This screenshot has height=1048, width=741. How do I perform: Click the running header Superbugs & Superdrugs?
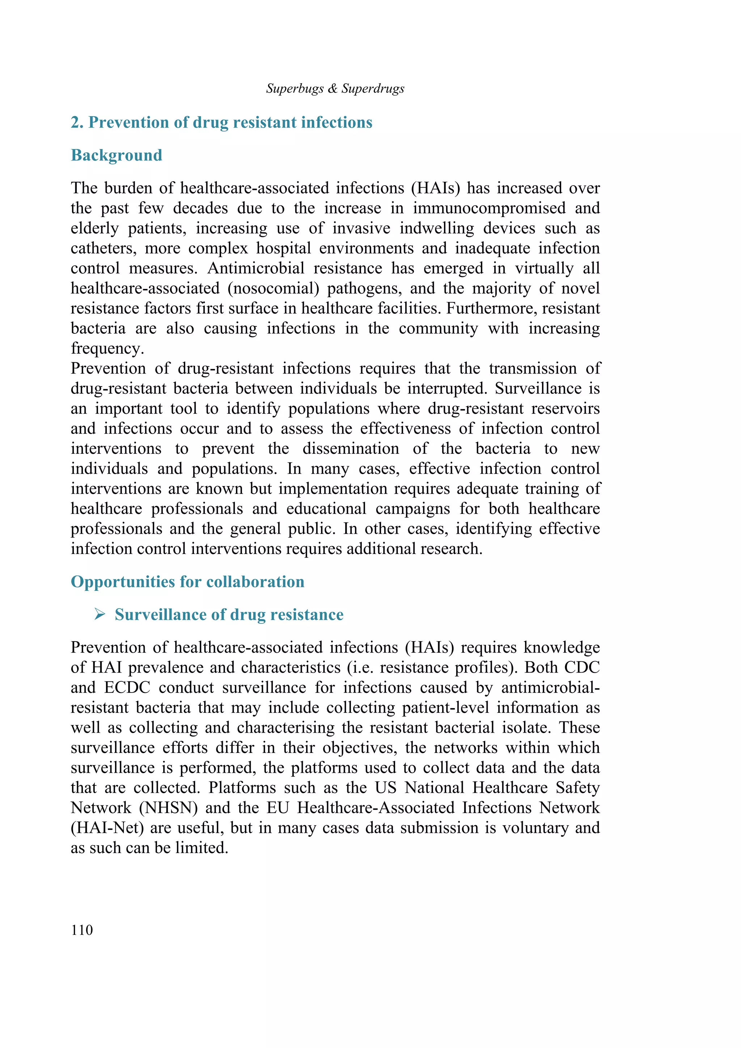335,88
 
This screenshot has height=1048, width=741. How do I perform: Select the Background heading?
117,155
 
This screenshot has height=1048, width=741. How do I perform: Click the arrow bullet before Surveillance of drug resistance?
99,614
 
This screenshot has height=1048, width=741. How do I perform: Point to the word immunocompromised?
488,208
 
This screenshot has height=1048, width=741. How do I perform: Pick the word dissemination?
350,449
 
